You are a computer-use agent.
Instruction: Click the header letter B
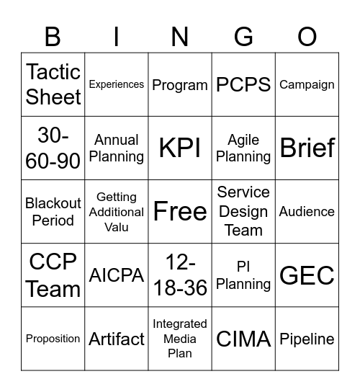pos(53,37)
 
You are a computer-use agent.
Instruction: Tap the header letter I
pos(116,37)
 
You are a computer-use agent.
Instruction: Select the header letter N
pos(180,37)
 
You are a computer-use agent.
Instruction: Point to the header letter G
pos(243,37)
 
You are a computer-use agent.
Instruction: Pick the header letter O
pos(307,37)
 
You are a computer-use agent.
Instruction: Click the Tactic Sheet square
pos(53,84)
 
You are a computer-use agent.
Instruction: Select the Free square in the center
pos(180,211)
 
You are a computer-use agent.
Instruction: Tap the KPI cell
pos(180,148)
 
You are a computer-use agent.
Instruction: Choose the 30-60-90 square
pos(53,148)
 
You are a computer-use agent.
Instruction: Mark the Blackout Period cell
pos(53,211)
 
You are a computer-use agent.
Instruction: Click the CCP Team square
pos(53,275)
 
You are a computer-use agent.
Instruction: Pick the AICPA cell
pos(117,275)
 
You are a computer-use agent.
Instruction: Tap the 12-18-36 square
pos(180,275)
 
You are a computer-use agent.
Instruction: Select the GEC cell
pos(307,275)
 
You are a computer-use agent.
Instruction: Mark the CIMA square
pos(243,339)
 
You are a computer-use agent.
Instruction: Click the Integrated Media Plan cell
pos(180,339)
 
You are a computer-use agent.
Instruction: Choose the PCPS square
pos(243,84)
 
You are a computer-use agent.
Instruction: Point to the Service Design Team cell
pos(243,211)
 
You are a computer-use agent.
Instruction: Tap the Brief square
pos(307,148)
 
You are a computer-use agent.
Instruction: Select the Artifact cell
pos(117,339)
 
